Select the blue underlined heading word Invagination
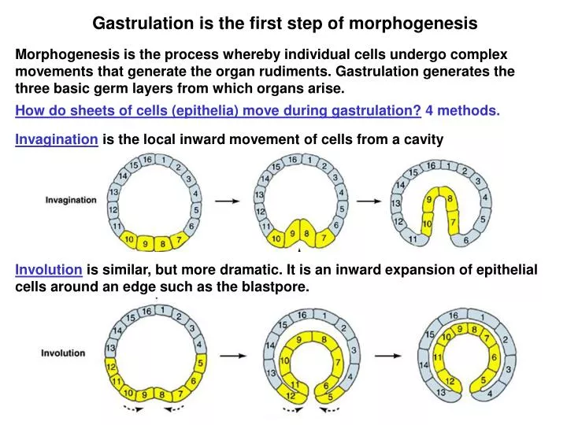pyautogui.click(x=57, y=140)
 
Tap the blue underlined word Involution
pyautogui.click(x=49, y=270)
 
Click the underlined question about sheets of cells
pyautogui.click(x=218, y=110)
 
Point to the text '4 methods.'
pyautogui.click(x=463, y=110)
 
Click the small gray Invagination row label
pyautogui.click(x=71, y=200)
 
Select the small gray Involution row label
pyautogui.click(x=63, y=353)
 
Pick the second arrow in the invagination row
pyautogui.click(x=368, y=201)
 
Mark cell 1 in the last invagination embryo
pyautogui.click(x=447, y=166)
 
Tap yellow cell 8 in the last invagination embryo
pyautogui.click(x=450, y=200)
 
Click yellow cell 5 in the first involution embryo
pyautogui.click(x=199, y=363)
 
